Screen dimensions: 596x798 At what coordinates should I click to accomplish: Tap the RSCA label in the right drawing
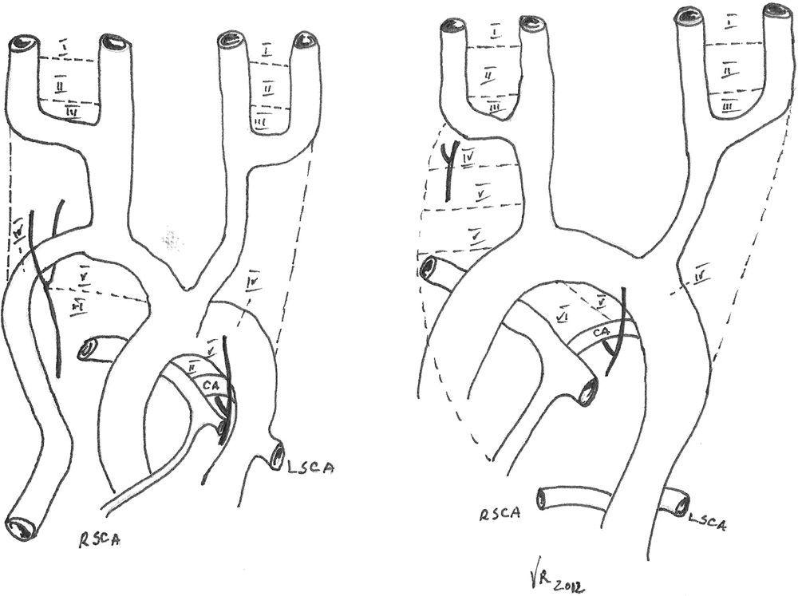pyautogui.click(x=501, y=514)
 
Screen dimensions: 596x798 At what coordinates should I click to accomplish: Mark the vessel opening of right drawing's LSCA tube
pyautogui.click(x=679, y=502)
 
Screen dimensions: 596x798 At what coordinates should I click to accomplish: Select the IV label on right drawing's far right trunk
pyautogui.click(x=701, y=276)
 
